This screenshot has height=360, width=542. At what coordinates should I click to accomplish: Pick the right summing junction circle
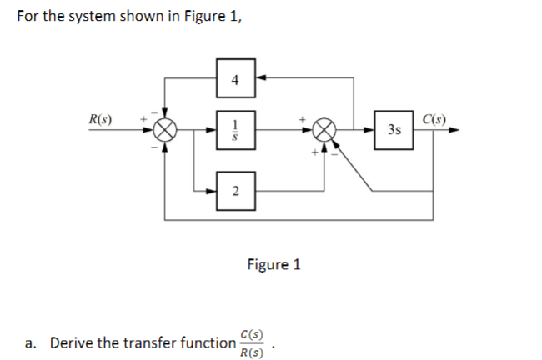click(x=324, y=130)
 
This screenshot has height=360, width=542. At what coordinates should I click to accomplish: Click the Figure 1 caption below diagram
click(x=274, y=264)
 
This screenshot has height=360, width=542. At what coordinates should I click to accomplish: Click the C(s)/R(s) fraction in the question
click(x=251, y=342)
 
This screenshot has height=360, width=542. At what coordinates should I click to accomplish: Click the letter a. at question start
click(x=32, y=342)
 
